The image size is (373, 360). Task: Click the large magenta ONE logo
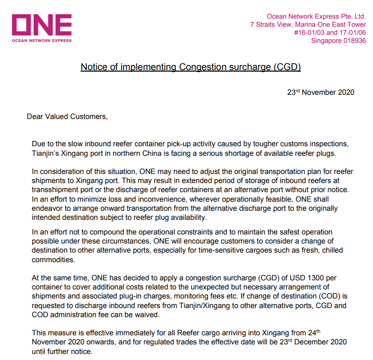pyautogui.click(x=41, y=25)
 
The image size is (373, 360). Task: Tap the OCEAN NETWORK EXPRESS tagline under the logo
pyautogui.click(x=41, y=40)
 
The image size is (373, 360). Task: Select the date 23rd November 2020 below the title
pyautogui.click(x=321, y=92)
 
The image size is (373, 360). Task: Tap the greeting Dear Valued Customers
pyautogui.click(x=67, y=116)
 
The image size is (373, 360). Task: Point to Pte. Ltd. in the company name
pyautogui.click(x=351, y=16)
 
